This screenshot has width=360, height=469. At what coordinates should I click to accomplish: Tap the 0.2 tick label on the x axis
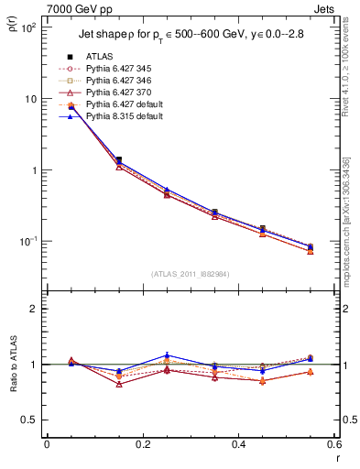coord(143,443)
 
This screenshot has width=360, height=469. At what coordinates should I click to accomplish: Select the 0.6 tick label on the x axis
coord(333,443)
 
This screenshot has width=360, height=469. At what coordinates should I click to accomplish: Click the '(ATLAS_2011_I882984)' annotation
coord(190,273)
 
